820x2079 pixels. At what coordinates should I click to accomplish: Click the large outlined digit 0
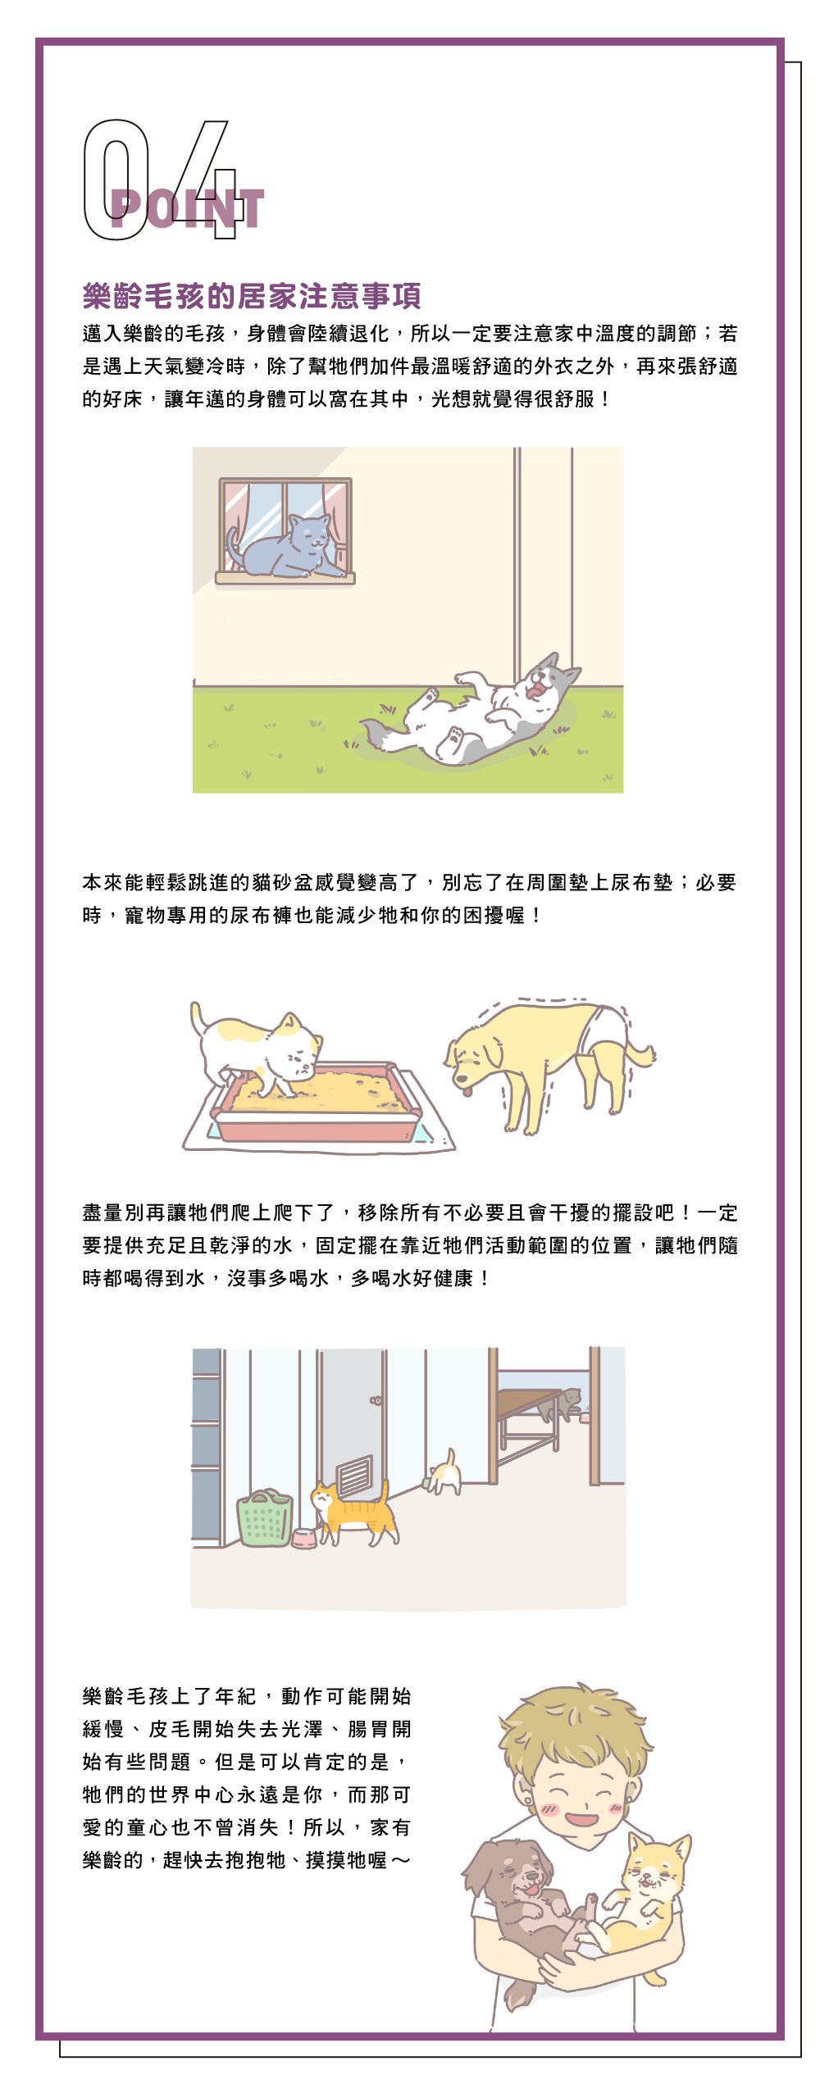[x=115, y=180]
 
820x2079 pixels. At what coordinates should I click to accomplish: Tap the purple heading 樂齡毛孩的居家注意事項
[x=252, y=296]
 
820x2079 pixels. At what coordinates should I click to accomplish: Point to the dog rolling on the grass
[x=484, y=709]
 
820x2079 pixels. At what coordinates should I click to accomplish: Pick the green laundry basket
[x=265, y=1517]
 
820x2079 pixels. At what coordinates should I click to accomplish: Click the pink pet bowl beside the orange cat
[x=304, y=1539]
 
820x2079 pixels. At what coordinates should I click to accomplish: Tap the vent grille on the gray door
[x=354, y=1476]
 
